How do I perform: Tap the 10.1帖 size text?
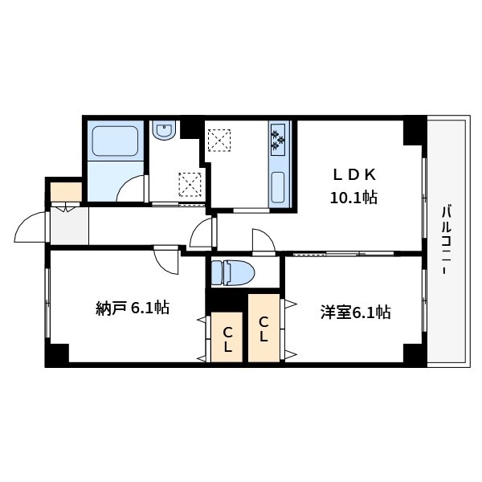click(354, 198)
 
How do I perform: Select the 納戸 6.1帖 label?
click(132, 308)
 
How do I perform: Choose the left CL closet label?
click(228, 339)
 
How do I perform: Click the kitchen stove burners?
click(280, 139)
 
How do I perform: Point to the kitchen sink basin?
click(279, 186)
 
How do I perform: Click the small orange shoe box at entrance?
click(65, 192)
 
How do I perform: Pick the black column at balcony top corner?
click(415, 131)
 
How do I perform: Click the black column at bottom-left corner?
click(57, 354)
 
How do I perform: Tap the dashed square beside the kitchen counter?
click(219, 139)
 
